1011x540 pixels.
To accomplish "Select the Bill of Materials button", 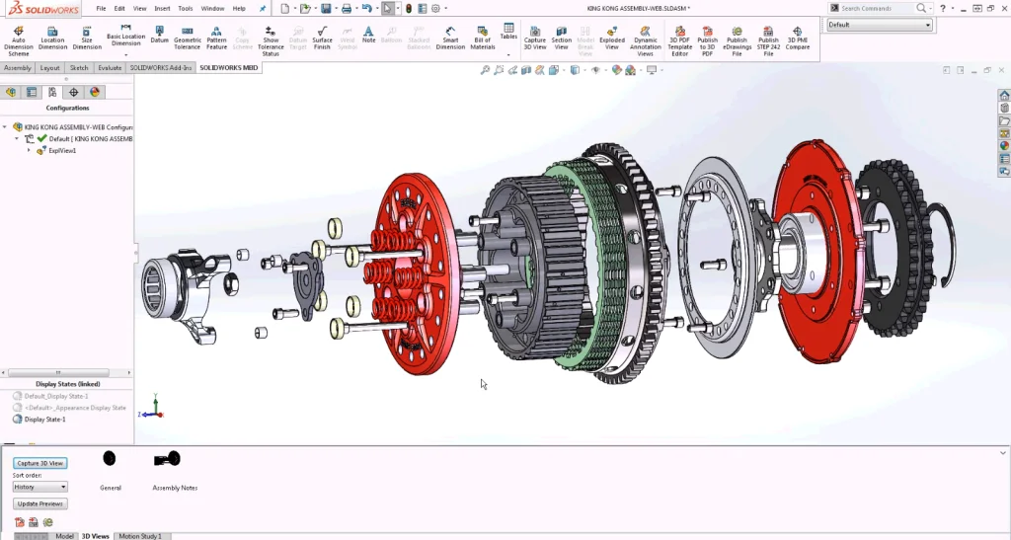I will pyautogui.click(x=482, y=39).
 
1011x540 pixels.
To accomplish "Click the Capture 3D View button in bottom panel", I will pyautogui.click(x=40, y=463).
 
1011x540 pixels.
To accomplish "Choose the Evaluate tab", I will pyautogui.click(x=110, y=68).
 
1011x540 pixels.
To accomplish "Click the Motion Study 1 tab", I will pyautogui.click(x=139, y=535).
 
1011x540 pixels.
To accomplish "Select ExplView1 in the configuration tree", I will pyautogui.click(x=61, y=151).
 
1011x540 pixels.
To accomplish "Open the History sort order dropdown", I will pyautogui.click(x=40, y=487).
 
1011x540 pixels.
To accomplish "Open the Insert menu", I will pyautogui.click(x=162, y=8).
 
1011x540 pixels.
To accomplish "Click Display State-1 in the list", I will pyautogui.click(x=44, y=419).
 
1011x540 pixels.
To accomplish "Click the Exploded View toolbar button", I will pyautogui.click(x=611, y=39).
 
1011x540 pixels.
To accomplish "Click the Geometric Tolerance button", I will pyautogui.click(x=188, y=39).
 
